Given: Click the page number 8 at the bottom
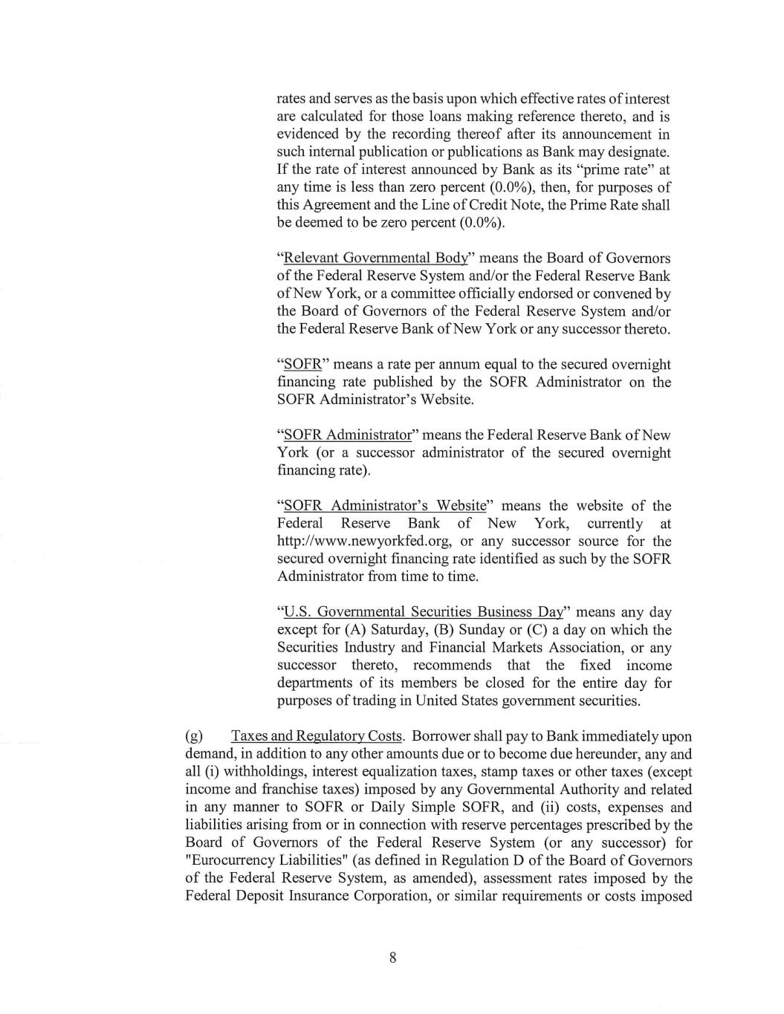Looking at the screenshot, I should (392, 958).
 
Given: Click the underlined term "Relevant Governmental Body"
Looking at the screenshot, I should (376, 258).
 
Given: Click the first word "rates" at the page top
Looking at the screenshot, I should (292, 99).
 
